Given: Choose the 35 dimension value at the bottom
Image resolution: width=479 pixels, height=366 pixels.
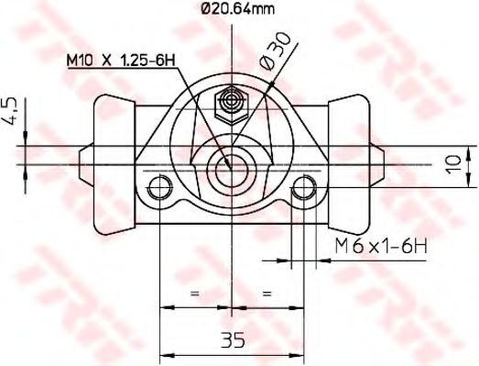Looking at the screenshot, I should coord(233,341).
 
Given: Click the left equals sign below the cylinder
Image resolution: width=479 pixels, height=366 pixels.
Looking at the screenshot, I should coord(194,293).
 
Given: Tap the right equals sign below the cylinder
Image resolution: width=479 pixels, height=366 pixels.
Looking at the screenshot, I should coord(268,293).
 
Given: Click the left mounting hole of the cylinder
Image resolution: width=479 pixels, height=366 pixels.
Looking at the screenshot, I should coord(160,191).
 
